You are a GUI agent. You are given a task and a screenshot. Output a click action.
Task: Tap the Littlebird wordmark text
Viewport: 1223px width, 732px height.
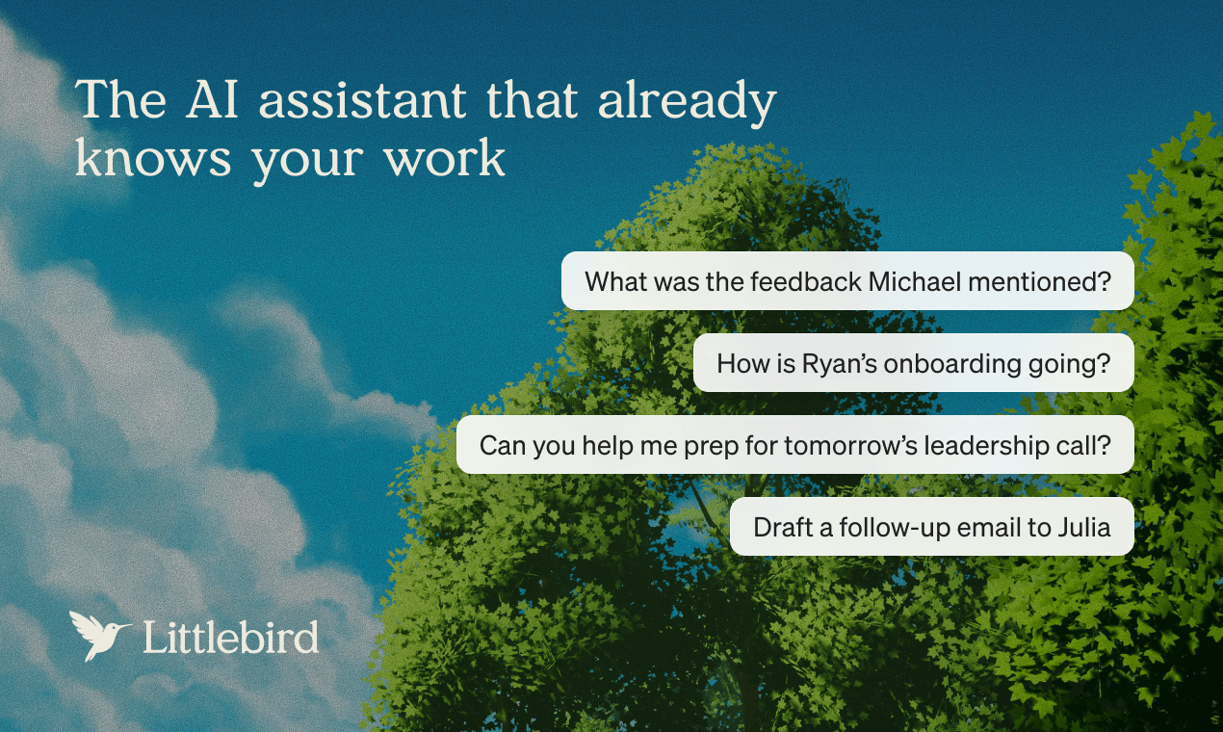pos(231,637)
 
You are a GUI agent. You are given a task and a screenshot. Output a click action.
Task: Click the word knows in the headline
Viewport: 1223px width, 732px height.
pos(154,159)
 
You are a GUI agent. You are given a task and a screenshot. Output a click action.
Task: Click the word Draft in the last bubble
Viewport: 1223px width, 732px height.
pos(779,527)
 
